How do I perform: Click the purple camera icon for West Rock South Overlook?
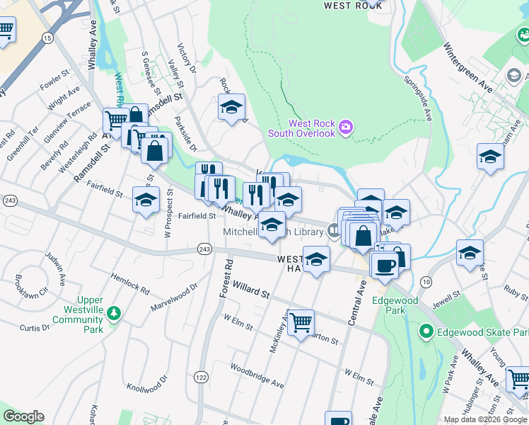[x=345, y=127]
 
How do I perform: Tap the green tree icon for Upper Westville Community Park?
[x=114, y=312]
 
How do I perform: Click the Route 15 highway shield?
[x=48, y=37]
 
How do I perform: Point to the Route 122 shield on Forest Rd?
[x=202, y=378]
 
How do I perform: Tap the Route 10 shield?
[x=425, y=282]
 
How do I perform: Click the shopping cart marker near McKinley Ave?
[x=301, y=323]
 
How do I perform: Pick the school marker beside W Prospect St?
[x=146, y=200]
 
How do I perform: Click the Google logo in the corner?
[x=23, y=416]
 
